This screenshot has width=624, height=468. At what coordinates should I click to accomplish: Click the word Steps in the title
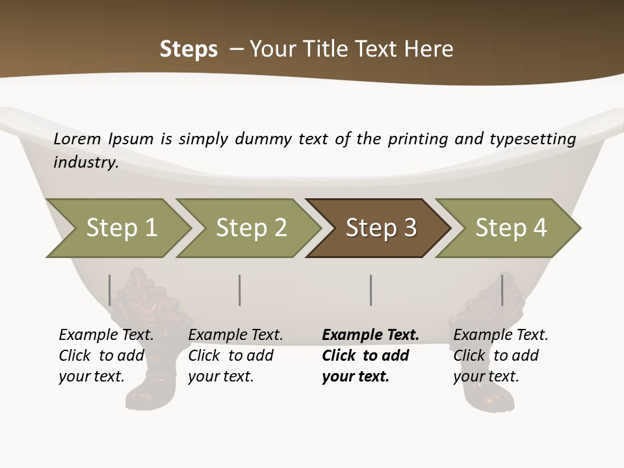(x=188, y=49)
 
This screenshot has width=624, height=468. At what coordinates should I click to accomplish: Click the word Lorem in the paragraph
(x=77, y=138)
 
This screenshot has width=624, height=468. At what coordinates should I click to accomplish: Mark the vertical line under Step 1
(x=110, y=290)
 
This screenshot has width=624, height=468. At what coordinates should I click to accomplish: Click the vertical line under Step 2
(x=240, y=290)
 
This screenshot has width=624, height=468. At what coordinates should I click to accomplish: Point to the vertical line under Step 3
(x=370, y=290)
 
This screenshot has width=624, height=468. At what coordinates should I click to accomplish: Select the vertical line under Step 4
(x=502, y=290)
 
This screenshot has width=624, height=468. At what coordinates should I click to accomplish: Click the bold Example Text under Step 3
(x=370, y=335)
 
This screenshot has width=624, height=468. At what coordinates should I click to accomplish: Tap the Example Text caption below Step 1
(x=106, y=335)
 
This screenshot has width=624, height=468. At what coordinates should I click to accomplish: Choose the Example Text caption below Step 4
(x=500, y=335)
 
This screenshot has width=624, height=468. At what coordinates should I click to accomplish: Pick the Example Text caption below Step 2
(x=235, y=335)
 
